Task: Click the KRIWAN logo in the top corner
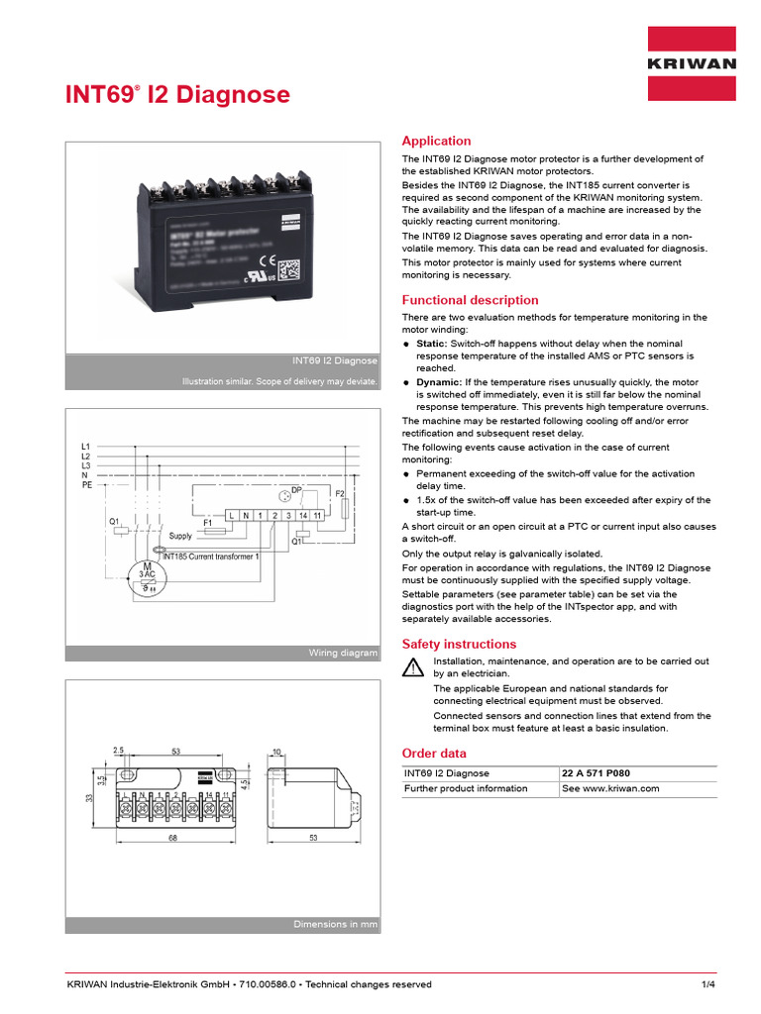692,63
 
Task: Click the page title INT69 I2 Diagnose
178,95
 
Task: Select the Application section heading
436,142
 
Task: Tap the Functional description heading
470,300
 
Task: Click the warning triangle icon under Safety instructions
412,666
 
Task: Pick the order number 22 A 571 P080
596,773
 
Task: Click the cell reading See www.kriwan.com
610,789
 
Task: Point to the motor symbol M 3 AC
146,576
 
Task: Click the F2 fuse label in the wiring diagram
339,492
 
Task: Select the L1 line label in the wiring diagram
85,448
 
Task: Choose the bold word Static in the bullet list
431,343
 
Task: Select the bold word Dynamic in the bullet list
437,381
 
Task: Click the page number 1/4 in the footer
707,984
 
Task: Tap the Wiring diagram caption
343,653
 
